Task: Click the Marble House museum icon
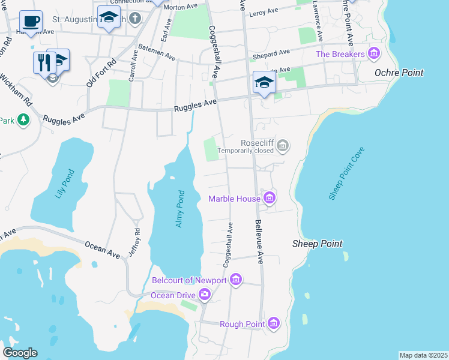click(x=270, y=198)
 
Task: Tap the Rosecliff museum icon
click(x=283, y=145)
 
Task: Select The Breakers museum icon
click(x=375, y=54)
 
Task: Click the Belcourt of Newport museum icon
click(x=236, y=280)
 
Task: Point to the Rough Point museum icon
click(x=274, y=324)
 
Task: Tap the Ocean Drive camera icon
click(x=205, y=294)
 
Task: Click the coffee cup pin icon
click(x=31, y=22)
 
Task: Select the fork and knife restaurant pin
click(x=43, y=61)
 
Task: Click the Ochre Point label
click(x=399, y=73)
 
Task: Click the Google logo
click(x=20, y=353)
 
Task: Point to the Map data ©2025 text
click(x=423, y=355)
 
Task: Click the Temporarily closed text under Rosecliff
click(x=246, y=151)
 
